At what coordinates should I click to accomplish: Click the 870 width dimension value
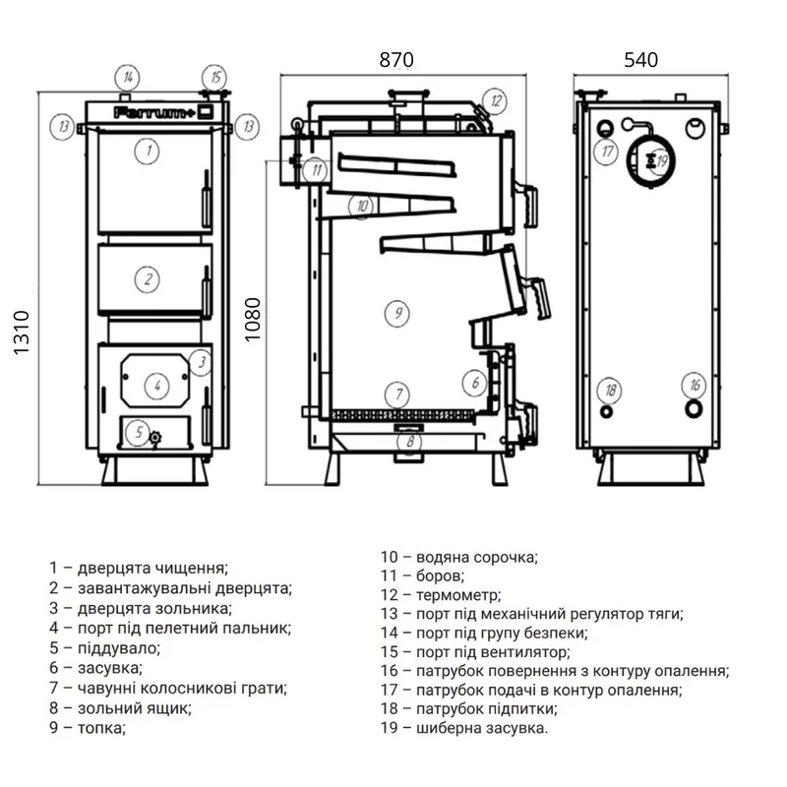pos(396,60)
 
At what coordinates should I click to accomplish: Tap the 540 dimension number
pos(641,60)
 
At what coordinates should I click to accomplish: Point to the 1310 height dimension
pos(22,333)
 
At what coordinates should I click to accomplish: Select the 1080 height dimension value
pos(253,319)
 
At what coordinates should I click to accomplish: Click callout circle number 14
pos(128,78)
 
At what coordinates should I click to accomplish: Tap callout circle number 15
pos(214,78)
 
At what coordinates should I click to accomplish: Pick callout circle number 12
pos(496,101)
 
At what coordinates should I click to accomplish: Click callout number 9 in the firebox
pos(397,313)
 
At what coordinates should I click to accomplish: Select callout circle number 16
pos(695,386)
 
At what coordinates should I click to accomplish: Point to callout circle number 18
pos(610,390)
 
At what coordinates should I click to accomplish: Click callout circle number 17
pos(607,151)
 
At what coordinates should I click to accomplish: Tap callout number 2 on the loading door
pos(147,279)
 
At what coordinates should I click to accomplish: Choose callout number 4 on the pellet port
pos(157,386)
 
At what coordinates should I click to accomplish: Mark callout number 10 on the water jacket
pos(362,206)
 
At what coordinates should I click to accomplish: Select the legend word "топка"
pos(100,728)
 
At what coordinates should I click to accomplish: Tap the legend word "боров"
pos(440,576)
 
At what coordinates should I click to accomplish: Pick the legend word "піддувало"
pos(118,648)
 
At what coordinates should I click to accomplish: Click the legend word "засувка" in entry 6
pos(110,668)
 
